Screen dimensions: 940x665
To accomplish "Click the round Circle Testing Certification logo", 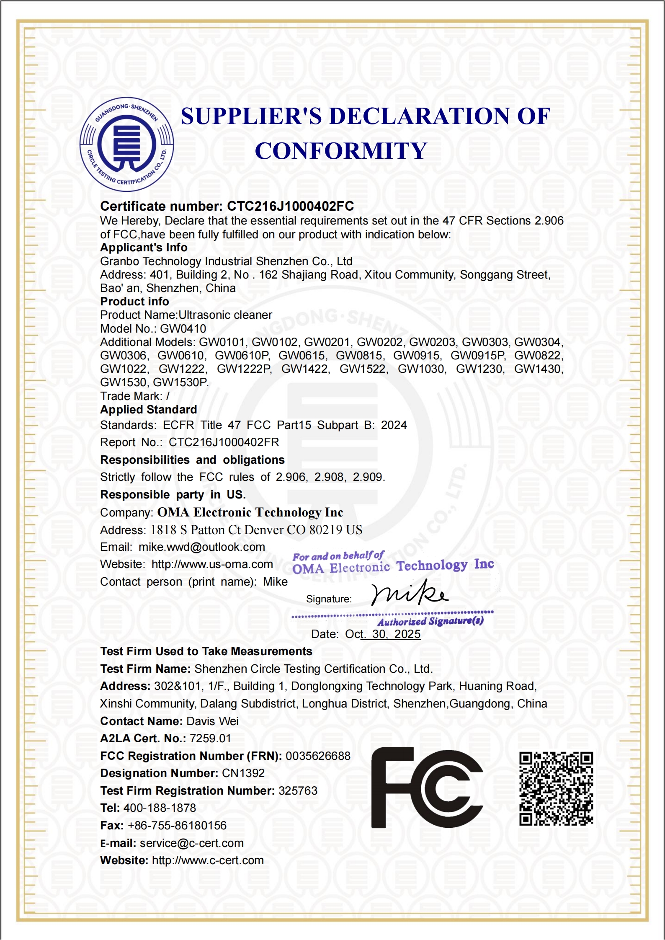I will (126, 145).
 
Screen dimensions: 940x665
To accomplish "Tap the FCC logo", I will (427, 788).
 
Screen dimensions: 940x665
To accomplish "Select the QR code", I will (556, 788).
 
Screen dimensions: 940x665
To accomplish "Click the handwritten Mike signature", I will (409, 593).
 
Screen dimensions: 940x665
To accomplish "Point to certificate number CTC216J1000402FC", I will (290, 206).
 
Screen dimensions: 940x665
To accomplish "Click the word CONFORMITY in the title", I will (341, 151).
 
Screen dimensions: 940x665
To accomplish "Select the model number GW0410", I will (183, 329).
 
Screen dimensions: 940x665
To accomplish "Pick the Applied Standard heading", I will (149, 410).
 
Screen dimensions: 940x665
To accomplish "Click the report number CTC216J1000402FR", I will (224, 442).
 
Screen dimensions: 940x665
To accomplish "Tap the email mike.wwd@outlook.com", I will (202, 547).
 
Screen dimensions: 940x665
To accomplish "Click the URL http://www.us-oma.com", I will (212, 564).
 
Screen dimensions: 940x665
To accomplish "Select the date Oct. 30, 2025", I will (383, 634).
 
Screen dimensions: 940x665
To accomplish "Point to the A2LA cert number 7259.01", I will (210, 739).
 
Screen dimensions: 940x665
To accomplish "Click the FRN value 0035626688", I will (318, 756).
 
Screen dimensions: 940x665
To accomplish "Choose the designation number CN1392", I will (243, 773).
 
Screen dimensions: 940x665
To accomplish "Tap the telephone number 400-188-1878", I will (160, 808).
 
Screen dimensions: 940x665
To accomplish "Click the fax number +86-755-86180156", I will (177, 826).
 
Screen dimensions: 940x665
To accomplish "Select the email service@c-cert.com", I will (192, 843).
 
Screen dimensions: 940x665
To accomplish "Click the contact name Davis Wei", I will (212, 721).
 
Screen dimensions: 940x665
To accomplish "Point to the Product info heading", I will (134, 302).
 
